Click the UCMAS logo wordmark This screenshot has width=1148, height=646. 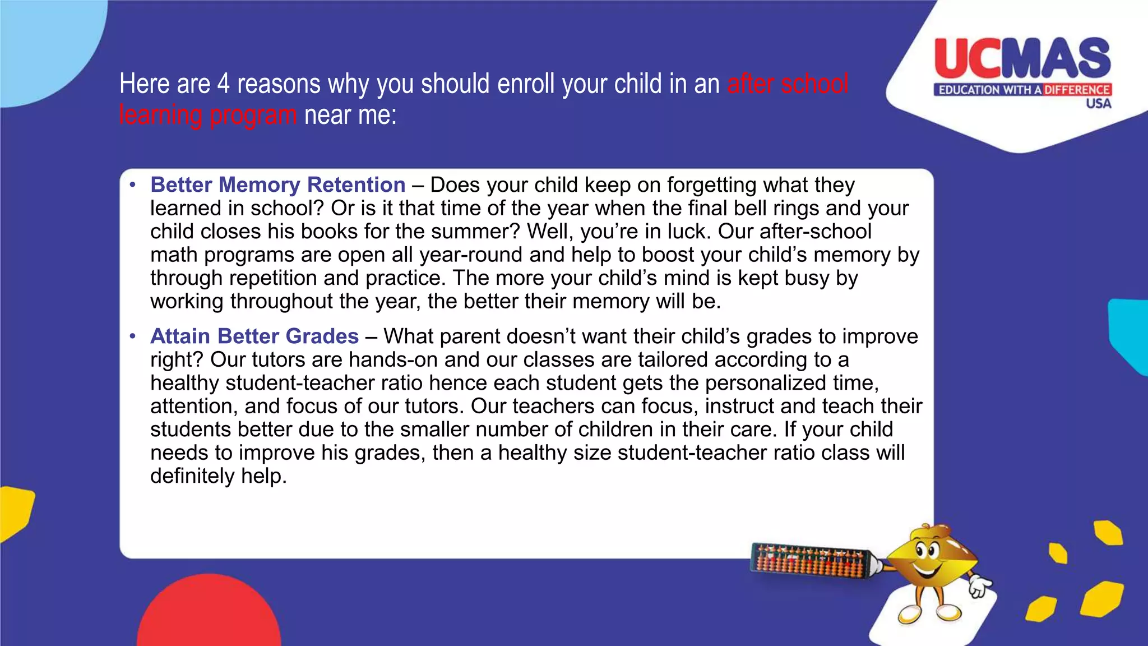[x=1022, y=58]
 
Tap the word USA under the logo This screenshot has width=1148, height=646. [x=1098, y=104]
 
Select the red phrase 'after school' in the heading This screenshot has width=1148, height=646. [x=788, y=84]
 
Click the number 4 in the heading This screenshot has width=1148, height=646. [x=223, y=84]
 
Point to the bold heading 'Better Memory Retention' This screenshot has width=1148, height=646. [x=277, y=184]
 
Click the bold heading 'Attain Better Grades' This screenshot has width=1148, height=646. [x=254, y=336]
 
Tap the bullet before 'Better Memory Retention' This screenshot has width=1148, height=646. [x=132, y=184]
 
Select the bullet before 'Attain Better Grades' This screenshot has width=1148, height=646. [x=132, y=336]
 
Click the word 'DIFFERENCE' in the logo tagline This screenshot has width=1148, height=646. [x=1076, y=90]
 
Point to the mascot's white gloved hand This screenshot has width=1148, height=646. [x=980, y=587]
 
